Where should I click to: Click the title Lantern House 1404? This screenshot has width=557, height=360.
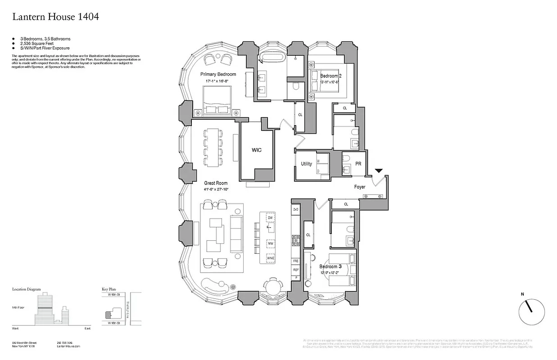click(55, 17)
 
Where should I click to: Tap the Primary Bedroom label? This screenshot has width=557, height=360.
click(218, 74)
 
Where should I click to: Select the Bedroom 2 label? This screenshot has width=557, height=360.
click(331, 76)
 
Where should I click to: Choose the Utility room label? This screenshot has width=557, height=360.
click(306, 164)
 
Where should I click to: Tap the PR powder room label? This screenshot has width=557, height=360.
click(358, 164)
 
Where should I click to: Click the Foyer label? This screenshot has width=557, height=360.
click(359, 187)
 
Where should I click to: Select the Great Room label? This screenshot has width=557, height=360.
click(216, 183)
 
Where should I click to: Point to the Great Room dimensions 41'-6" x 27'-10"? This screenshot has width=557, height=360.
click(216, 189)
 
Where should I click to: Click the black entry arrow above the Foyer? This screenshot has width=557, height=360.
click(379, 171)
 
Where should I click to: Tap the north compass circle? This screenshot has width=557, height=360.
click(531, 312)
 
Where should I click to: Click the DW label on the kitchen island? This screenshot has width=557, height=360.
click(270, 218)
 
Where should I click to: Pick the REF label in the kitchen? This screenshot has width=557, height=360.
click(296, 270)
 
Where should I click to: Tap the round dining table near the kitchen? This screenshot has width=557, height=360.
click(272, 287)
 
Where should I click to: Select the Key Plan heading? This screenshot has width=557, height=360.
click(110, 289)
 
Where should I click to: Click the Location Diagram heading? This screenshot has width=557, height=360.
click(27, 289)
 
